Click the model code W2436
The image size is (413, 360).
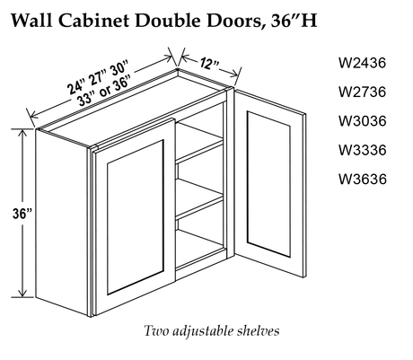[x=362, y=63]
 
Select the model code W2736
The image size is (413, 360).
[x=362, y=92]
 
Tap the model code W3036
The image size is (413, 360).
[x=362, y=121]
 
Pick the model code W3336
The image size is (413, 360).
[x=362, y=150]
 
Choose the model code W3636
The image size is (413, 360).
[x=362, y=179]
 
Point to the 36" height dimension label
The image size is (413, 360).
[x=22, y=214]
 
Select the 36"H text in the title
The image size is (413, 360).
[x=294, y=21]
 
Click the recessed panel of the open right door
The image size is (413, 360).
[x=268, y=183]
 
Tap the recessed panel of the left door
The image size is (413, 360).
[x=135, y=217]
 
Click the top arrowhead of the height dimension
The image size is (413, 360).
[x=22, y=134]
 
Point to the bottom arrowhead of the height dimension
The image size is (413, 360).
[x=22, y=293]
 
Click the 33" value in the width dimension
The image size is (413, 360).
[x=86, y=98]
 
